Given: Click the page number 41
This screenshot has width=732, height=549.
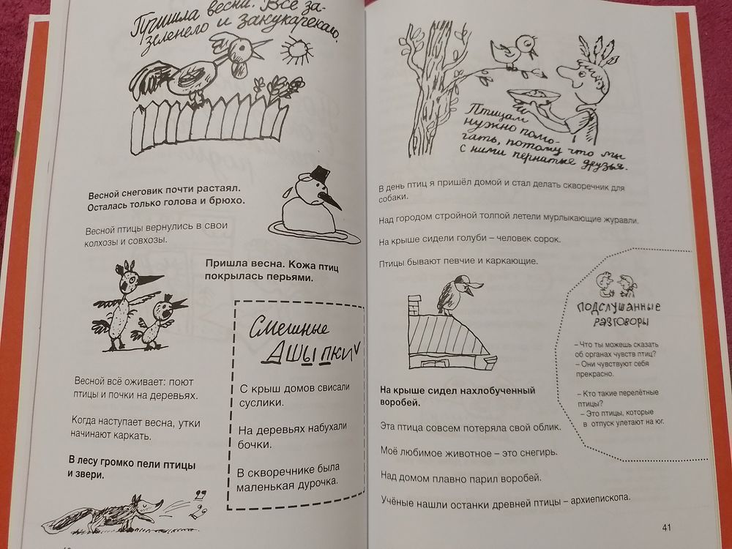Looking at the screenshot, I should pyautogui.click(x=665, y=526).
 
